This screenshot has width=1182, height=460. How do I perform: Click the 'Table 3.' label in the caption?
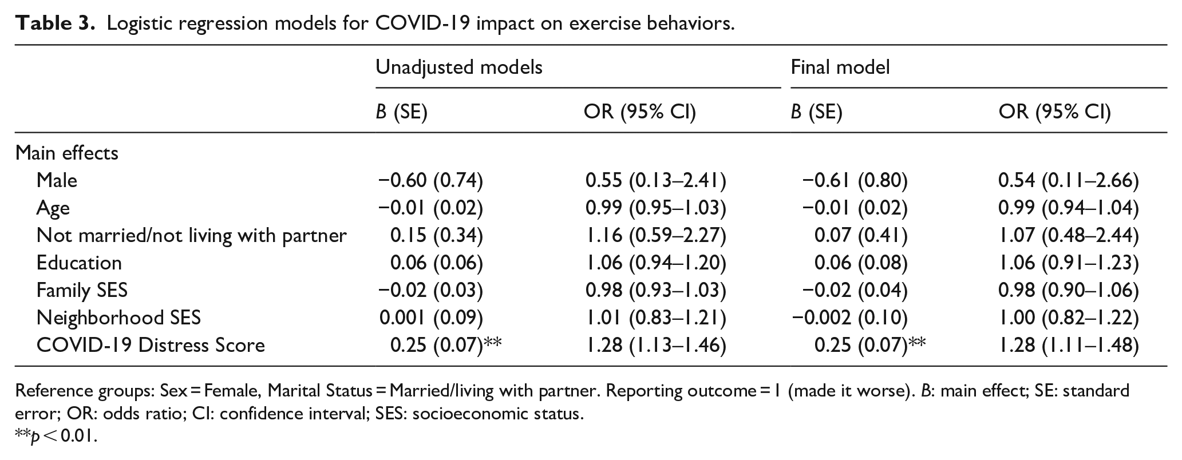[54, 23]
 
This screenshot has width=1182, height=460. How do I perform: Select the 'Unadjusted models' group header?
[459, 68]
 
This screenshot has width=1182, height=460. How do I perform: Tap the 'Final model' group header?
[840, 68]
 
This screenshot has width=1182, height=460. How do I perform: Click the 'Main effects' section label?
[67, 153]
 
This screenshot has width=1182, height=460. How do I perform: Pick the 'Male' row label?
[57, 180]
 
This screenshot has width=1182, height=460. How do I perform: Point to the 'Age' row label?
[53, 208]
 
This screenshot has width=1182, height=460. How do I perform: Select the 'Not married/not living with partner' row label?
[192, 236]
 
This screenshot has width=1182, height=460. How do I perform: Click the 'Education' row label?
[79, 263]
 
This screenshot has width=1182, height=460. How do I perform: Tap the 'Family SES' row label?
[82, 290]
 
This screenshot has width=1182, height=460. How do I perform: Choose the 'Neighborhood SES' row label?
[118, 318]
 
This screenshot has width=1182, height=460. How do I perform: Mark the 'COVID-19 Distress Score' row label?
[151, 345]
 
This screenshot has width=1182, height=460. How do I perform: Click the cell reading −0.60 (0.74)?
[430, 181]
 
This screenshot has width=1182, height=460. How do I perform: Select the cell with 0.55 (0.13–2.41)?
[656, 181]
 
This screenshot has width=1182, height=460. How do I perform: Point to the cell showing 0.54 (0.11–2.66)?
[1069, 181]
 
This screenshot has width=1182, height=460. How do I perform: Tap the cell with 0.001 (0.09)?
[431, 318]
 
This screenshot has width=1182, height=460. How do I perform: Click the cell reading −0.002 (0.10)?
[849, 318]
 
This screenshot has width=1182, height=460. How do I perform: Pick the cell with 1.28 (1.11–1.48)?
[1069, 345]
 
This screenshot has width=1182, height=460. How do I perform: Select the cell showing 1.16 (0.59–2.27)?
[656, 236]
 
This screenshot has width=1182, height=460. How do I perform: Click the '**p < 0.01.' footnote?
[56, 437]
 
